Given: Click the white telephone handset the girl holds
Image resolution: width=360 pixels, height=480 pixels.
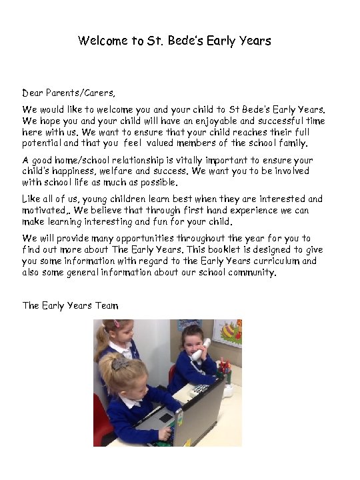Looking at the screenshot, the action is pyautogui.click(x=199, y=350).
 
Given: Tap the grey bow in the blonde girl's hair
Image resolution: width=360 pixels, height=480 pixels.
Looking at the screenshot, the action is pyautogui.click(x=121, y=363).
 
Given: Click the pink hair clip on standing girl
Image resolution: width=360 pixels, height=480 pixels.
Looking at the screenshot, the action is pyautogui.click(x=117, y=324).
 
